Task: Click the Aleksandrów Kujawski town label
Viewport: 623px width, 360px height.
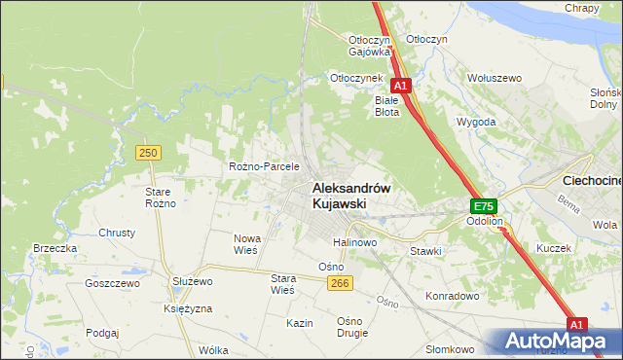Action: (350, 196)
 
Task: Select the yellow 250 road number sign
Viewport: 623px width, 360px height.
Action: (148, 153)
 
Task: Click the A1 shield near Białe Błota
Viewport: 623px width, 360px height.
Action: (401, 86)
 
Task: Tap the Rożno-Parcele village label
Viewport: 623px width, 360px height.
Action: (263, 166)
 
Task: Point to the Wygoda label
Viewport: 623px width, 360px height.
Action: (476, 123)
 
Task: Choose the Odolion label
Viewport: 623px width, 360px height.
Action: (484, 221)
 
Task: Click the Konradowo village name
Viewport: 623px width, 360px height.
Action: (453, 295)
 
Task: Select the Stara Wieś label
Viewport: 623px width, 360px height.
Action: (282, 283)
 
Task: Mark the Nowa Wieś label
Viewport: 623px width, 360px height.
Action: (245, 243)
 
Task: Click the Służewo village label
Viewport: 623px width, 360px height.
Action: (192, 280)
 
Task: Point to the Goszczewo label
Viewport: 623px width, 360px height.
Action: (113, 283)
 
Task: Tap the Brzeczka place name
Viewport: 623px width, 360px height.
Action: (55, 248)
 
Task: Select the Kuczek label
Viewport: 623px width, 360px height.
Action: (553, 248)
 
